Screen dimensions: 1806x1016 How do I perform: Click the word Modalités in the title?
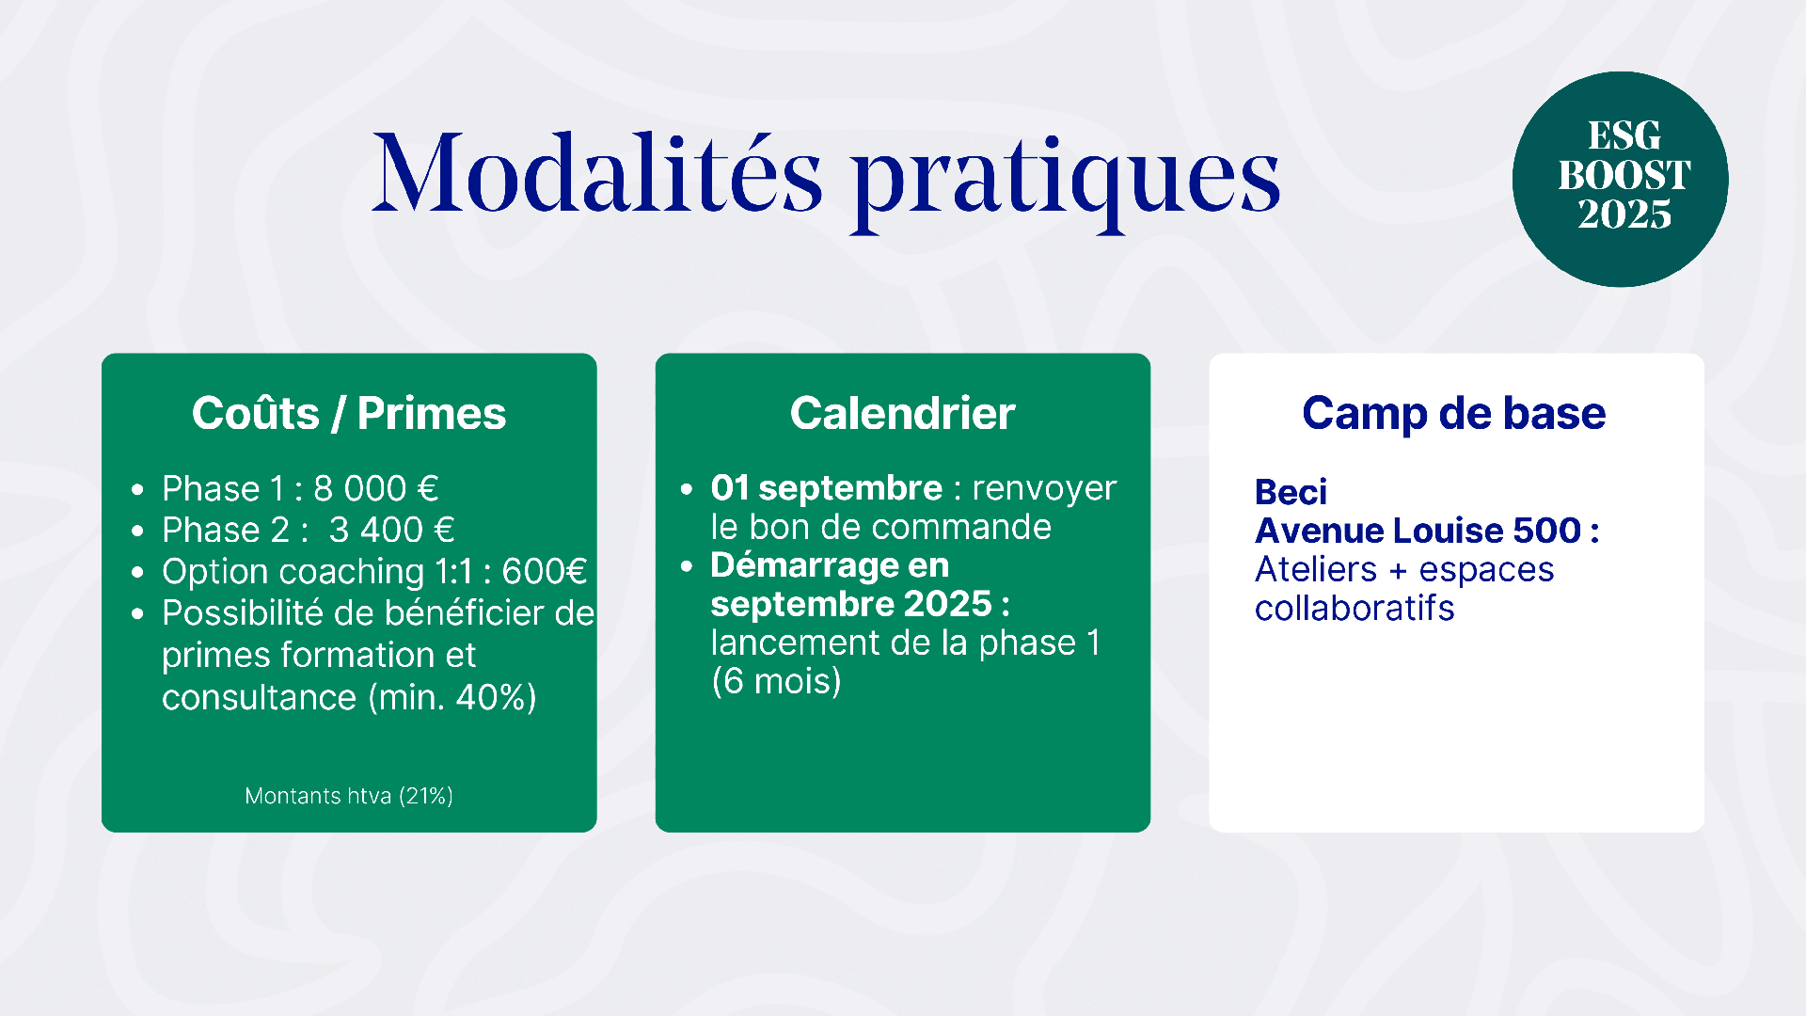point(598,173)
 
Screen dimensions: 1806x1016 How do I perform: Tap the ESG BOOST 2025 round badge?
point(1621,179)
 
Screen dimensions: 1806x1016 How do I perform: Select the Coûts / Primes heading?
point(349,413)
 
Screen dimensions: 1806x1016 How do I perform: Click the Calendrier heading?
point(903,413)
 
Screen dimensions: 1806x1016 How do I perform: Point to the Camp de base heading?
point(1454,413)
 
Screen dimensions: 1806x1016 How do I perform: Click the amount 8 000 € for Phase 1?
point(376,489)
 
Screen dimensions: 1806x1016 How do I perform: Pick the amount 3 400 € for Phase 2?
point(392,531)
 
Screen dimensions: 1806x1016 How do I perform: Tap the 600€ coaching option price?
point(545,572)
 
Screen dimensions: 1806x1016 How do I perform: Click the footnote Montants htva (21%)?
point(349,796)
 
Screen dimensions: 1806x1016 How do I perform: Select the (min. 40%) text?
point(452,698)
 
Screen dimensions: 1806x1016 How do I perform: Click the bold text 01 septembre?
point(827,488)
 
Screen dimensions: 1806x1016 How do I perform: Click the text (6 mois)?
point(777,681)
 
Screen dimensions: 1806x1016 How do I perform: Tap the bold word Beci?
point(1291,492)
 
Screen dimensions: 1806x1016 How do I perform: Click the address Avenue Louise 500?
point(1418,531)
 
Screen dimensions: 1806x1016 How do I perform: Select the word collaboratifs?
point(1354,609)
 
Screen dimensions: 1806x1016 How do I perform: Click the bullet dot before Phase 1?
point(138,490)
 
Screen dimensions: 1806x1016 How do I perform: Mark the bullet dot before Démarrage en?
point(687,566)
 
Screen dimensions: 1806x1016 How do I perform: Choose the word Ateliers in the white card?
point(1316,570)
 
